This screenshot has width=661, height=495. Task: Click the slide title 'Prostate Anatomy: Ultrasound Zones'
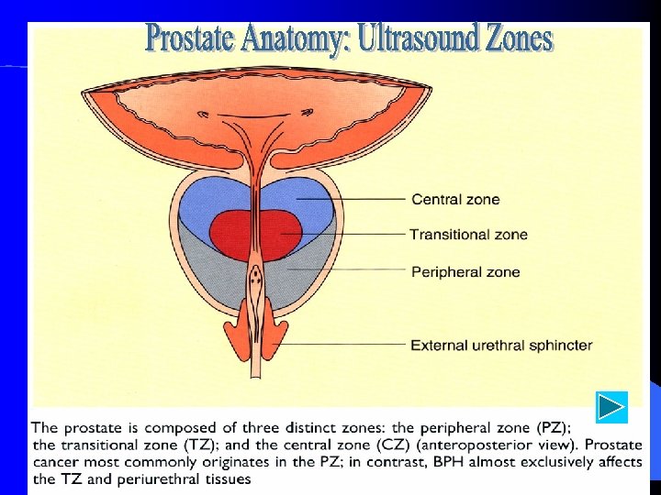(x=349, y=38)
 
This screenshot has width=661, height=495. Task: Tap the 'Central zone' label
(x=455, y=199)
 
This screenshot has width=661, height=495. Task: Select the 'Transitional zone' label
(x=468, y=235)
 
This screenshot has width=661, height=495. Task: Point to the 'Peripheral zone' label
(x=465, y=271)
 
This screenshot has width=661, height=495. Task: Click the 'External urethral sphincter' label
(x=501, y=346)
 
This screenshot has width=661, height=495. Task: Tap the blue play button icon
(x=611, y=406)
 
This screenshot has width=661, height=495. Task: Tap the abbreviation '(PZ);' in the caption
(x=550, y=427)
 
